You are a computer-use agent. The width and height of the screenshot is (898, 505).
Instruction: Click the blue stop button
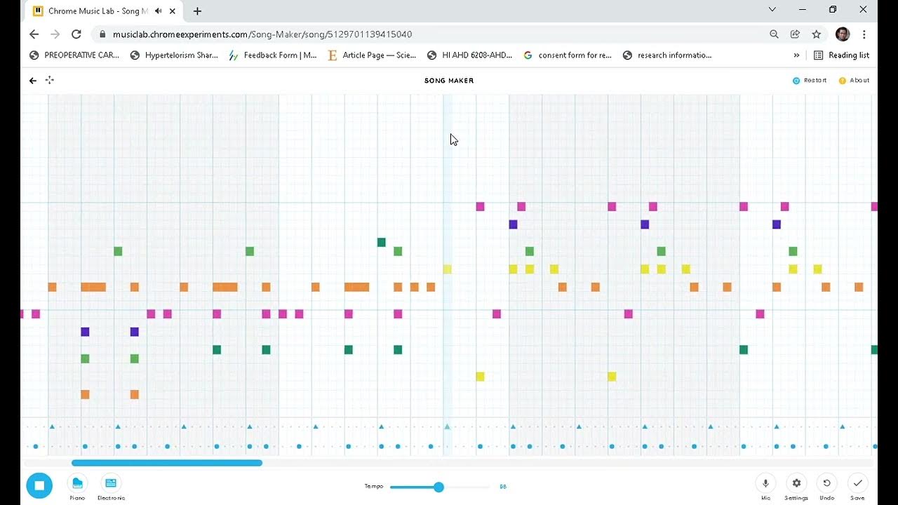[x=39, y=485]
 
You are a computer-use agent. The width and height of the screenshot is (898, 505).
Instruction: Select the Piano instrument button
[x=77, y=484]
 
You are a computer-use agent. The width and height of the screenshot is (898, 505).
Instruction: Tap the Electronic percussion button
[x=110, y=484]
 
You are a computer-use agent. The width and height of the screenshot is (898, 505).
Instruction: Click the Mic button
[x=765, y=484]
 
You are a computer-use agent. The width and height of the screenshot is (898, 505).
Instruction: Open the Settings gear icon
[x=796, y=484]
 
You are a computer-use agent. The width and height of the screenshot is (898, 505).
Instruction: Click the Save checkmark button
[x=857, y=484]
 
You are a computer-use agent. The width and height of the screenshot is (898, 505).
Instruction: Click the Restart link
[x=810, y=81]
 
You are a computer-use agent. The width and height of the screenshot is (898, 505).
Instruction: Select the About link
[x=855, y=81]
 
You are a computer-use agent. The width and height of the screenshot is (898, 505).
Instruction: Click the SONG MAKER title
[x=449, y=81]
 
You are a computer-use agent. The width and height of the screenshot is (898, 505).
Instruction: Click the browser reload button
[x=76, y=34]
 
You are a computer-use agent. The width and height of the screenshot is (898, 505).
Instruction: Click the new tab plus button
[x=197, y=11]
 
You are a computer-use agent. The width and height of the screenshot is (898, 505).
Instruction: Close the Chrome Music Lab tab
[x=173, y=11]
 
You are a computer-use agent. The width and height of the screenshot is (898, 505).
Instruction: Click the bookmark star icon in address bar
[x=817, y=34]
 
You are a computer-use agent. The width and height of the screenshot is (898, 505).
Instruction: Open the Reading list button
[x=841, y=55]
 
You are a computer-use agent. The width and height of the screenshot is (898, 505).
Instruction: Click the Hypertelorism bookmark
[x=175, y=55]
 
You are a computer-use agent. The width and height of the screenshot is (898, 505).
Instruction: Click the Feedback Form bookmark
[x=273, y=55]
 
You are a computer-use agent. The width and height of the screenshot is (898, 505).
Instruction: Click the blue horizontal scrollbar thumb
[x=167, y=463]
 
